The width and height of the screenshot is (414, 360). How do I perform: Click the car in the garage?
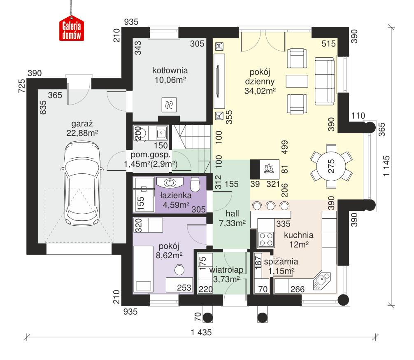point(81,182)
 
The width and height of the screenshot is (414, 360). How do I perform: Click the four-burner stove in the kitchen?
point(265,238)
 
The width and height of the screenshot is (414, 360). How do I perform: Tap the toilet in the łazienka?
point(196,184)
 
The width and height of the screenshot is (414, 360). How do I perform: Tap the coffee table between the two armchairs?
point(297,81)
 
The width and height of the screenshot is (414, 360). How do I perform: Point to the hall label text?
point(232,213)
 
